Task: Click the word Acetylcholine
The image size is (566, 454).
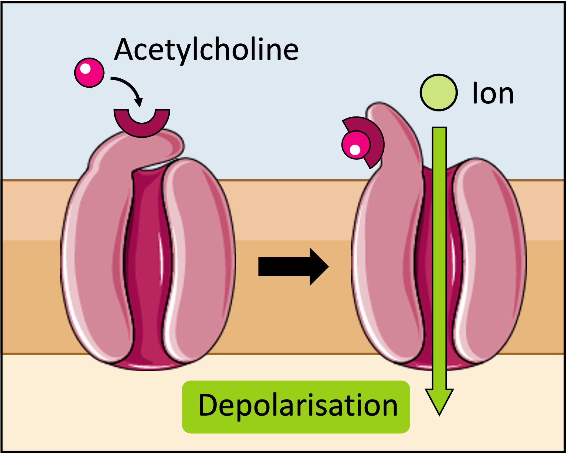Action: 206,50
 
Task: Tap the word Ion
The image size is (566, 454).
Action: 492,94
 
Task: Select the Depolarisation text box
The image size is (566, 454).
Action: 296,406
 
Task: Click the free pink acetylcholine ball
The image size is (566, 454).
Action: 89,72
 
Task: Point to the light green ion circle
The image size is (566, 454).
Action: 438,92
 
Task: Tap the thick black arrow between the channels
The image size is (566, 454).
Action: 293,266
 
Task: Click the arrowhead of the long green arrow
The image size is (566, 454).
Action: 439,399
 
